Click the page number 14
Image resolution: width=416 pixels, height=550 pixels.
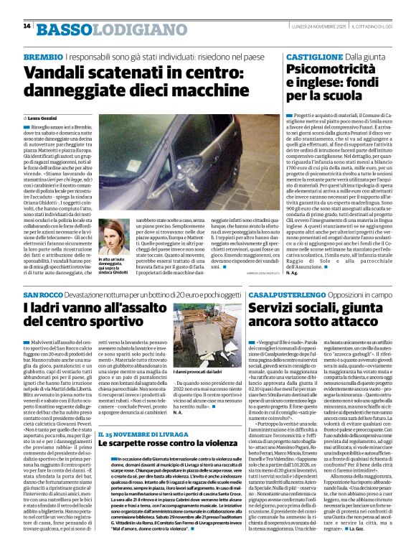tap(27, 27)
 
